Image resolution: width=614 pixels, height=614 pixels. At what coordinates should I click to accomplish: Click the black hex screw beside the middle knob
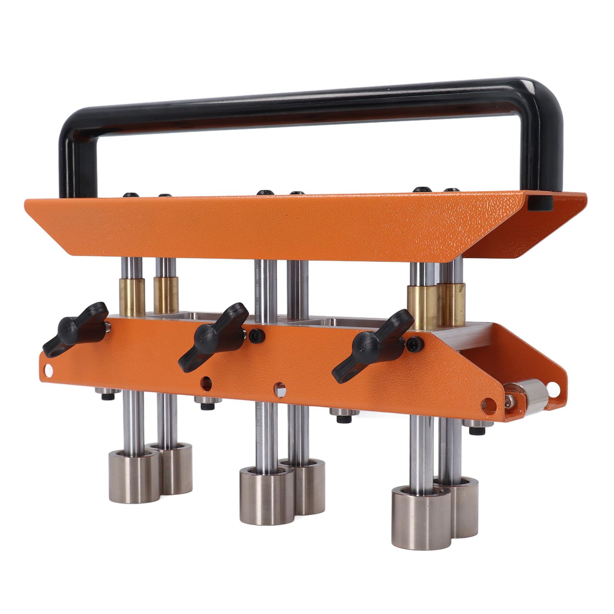(254, 335)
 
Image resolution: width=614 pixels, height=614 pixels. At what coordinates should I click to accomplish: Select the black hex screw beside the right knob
(413, 342)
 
